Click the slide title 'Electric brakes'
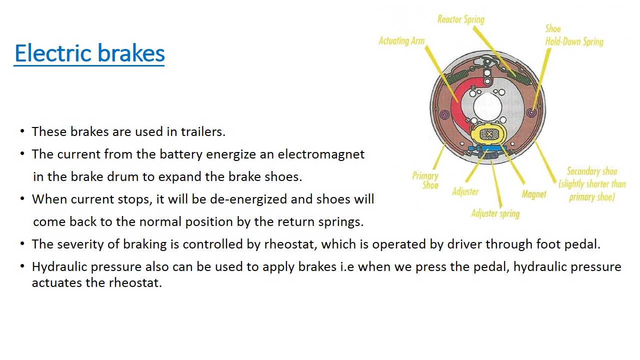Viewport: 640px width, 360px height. [x=89, y=53]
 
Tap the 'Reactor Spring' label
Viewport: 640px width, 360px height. [x=460, y=19]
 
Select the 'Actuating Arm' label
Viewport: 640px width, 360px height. [x=401, y=41]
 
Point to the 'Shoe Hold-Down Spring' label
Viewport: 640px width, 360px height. [x=574, y=35]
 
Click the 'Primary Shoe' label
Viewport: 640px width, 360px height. [x=425, y=180]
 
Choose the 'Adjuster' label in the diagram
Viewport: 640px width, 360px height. [x=465, y=191]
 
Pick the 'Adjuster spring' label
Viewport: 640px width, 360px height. [x=495, y=213]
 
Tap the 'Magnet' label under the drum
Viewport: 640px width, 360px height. [x=533, y=194]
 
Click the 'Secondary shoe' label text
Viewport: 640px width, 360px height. [x=592, y=171]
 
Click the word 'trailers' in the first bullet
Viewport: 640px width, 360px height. [x=204, y=131]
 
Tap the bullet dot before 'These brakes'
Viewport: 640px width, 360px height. [x=22, y=131]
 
